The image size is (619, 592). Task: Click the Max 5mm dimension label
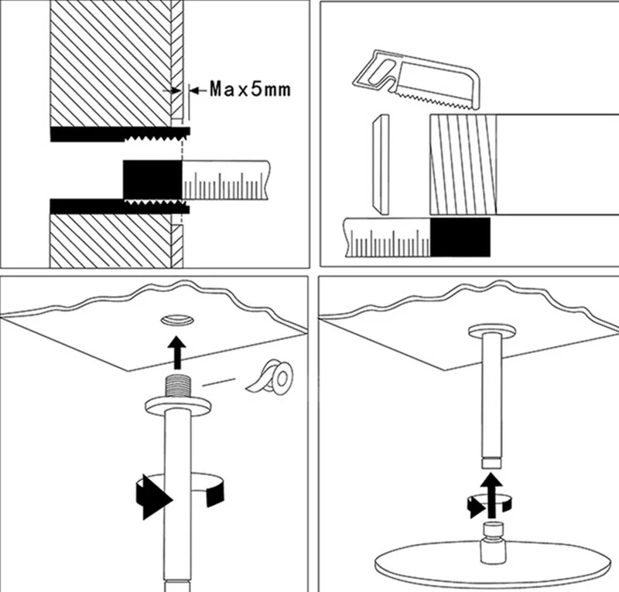point(250,90)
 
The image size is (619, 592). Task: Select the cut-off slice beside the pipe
point(380,165)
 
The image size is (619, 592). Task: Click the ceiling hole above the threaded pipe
point(178,319)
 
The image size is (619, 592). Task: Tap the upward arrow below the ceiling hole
point(178,352)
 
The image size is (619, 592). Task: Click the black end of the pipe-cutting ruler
point(460,236)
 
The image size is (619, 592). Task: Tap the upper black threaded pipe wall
point(116,134)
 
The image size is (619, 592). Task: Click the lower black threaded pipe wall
point(116,206)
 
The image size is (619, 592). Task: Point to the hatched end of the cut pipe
point(460,163)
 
